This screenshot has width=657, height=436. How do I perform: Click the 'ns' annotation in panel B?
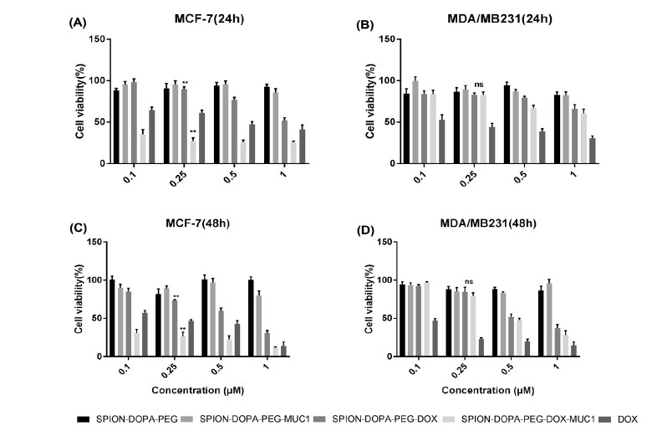point(479,85)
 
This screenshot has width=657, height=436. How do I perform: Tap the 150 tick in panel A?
point(98,39)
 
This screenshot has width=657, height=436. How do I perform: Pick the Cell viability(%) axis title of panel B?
point(373,101)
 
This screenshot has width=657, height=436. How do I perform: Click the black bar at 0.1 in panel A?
point(116,126)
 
